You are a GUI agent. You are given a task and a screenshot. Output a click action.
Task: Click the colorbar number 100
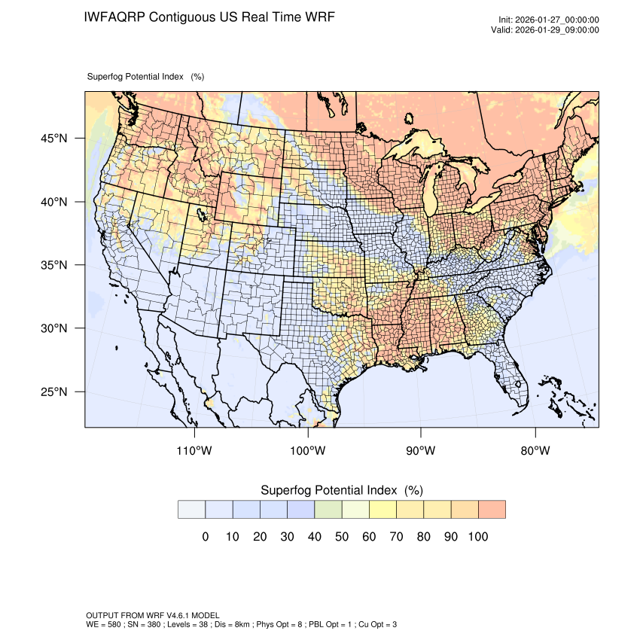(478, 537)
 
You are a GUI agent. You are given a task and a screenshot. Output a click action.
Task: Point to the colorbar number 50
(342, 537)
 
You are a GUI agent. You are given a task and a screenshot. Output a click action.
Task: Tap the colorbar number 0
(205, 537)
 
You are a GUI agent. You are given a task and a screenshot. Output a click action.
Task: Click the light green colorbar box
(328, 509)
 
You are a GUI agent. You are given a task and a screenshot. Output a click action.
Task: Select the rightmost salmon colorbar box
(492, 509)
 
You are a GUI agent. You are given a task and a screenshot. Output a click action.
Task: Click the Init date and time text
(549, 20)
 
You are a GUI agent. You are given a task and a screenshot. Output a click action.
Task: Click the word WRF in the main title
(319, 17)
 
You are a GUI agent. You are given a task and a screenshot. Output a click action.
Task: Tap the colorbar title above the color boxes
(341, 490)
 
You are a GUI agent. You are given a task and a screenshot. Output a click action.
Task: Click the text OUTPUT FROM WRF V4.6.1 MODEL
(153, 615)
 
